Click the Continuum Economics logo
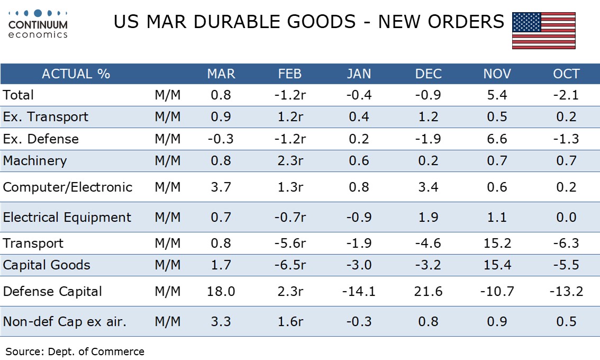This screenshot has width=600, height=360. pos(38,23)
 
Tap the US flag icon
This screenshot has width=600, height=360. pos(543,31)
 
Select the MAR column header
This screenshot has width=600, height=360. pos(221,74)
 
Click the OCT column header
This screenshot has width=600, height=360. pos(566,74)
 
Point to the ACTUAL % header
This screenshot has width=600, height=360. pos(76,74)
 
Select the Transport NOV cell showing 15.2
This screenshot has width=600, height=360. pos(496,244)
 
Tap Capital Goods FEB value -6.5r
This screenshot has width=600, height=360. pos(290,265)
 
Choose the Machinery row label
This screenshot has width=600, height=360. pos(35,161)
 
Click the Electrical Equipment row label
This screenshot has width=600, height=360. pos(67,218)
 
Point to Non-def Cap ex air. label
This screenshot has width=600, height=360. pos(65,321)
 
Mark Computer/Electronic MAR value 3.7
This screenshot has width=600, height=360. pos(221,187)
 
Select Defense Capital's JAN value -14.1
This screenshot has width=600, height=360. pos(359,291)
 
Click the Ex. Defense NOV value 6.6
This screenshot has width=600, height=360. pos(496,139)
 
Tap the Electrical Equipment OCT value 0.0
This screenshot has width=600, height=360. pos(566,218)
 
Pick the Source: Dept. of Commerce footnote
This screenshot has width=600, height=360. pos(75,351)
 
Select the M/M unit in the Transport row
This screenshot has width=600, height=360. pos(168,244)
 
